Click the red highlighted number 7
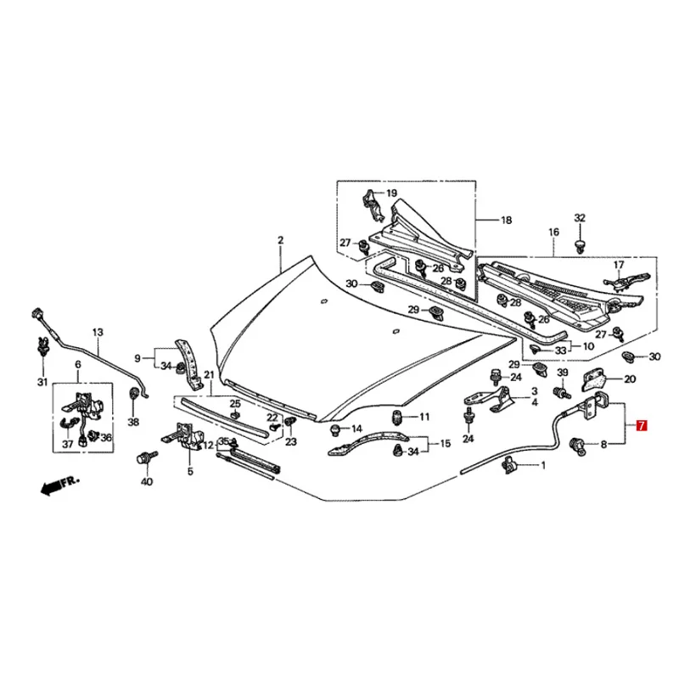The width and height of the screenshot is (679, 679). (x=641, y=424)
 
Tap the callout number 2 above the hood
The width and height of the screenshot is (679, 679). (x=280, y=241)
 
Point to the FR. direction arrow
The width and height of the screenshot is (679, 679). (x=58, y=485)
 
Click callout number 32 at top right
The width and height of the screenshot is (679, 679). (x=580, y=218)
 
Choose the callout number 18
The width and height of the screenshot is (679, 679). (x=506, y=221)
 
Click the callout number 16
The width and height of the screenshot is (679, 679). (x=553, y=232)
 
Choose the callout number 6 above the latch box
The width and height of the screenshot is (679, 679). (x=77, y=365)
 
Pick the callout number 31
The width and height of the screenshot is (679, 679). (x=42, y=382)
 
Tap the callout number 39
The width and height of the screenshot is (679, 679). (x=562, y=374)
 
